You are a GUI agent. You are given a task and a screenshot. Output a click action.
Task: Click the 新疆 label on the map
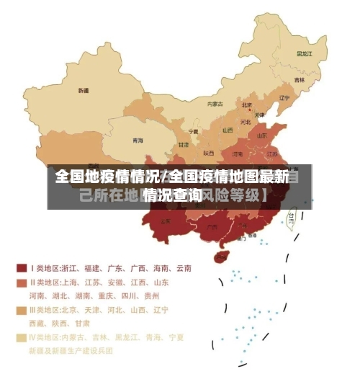(x=84, y=91)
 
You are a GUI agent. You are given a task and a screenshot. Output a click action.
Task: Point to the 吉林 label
(x=299, y=79)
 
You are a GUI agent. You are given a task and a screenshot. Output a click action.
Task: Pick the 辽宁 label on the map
(x=284, y=98)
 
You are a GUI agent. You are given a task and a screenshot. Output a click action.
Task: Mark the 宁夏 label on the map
(x=193, y=132)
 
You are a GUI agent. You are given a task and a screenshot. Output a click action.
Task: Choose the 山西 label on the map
(x=228, y=130)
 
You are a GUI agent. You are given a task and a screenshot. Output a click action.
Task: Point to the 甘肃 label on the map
(x=183, y=145)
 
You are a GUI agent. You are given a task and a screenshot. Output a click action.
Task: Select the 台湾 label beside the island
(x=292, y=215)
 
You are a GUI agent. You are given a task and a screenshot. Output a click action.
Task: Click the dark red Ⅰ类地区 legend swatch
(x=22, y=267)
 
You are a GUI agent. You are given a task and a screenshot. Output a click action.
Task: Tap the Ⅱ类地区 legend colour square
(x=22, y=282)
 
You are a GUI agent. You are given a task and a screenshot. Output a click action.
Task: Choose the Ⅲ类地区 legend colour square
(x=22, y=310)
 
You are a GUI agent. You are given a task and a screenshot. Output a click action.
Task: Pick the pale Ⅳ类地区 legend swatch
(x=22, y=337)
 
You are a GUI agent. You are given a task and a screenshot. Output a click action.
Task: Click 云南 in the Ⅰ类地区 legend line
(x=183, y=268)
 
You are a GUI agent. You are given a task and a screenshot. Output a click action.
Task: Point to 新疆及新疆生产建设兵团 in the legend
(x=71, y=350)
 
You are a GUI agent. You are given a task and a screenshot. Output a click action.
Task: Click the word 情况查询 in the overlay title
(x=171, y=195)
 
